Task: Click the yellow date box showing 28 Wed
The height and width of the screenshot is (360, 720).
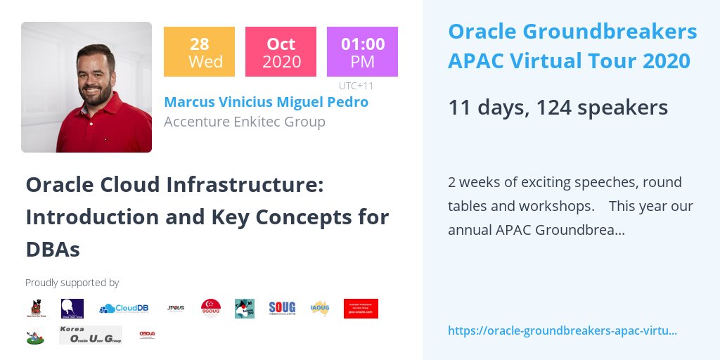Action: [199, 51]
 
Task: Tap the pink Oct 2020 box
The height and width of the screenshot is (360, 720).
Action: [281, 51]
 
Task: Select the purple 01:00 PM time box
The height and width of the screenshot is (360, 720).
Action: [362, 51]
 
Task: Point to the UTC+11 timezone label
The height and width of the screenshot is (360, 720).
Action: [356, 86]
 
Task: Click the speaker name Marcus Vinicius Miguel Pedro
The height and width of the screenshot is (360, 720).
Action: [266, 102]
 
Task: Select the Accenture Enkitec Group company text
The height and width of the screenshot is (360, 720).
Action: [244, 122]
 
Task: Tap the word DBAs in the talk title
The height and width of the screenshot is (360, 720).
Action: [53, 249]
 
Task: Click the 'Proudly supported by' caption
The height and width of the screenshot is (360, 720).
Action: [72, 283]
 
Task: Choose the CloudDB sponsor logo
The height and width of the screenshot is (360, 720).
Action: [124, 309]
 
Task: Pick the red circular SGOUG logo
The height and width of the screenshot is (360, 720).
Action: [211, 308]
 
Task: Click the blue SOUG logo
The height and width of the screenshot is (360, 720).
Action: [282, 308]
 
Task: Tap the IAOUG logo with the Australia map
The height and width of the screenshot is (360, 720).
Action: [320, 308]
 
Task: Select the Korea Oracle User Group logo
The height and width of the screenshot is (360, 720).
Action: [90, 335]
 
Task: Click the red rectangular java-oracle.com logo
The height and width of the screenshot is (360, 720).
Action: [361, 308]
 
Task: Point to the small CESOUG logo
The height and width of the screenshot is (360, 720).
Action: [147, 334]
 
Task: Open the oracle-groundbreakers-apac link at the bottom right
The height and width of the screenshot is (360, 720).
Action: [562, 330]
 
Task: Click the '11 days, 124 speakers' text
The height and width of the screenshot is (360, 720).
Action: [558, 108]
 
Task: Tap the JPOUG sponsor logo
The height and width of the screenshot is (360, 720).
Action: [176, 308]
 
